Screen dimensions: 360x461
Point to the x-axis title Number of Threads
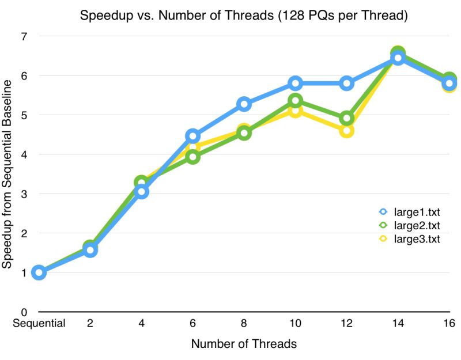coord(244,344)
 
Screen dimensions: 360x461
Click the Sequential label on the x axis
coord(39,324)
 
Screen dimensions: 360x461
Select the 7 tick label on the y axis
coord(25,36)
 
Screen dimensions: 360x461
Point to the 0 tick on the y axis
coord(25,312)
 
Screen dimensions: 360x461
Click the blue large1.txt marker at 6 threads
coord(192,137)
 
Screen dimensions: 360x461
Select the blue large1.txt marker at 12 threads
coord(347,84)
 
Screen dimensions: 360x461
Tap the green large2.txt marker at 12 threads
coord(347,119)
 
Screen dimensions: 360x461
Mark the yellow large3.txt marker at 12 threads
coord(347,131)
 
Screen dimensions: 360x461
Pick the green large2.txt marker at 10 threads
coord(295,101)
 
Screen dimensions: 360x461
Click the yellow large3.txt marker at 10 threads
coord(295,111)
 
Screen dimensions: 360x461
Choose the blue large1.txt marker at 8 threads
coord(244,104)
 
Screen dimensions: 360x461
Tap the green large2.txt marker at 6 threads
coord(192,157)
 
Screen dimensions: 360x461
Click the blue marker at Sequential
coord(39,272)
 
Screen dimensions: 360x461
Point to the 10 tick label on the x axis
coord(295,324)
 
